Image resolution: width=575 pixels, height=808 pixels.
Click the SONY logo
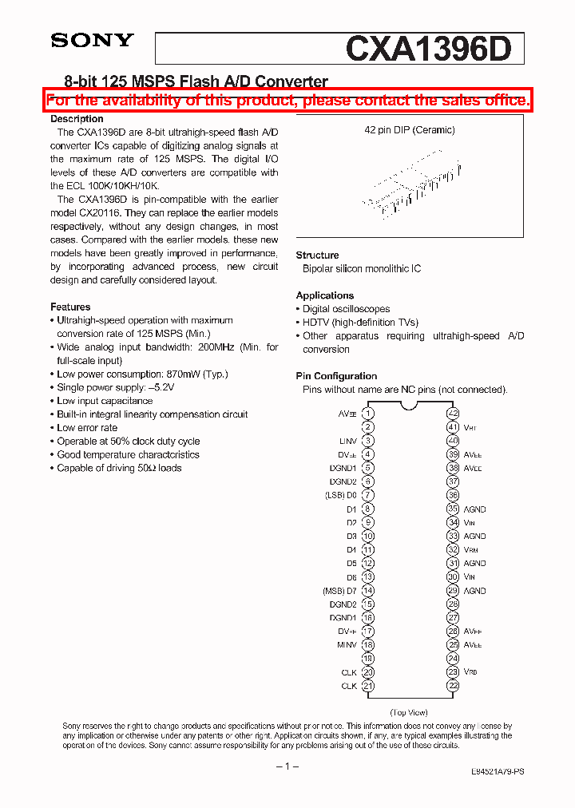[93, 41]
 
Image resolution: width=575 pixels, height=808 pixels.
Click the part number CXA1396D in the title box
[428, 49]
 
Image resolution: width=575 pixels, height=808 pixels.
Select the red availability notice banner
[287, 101]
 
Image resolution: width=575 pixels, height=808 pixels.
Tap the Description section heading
[77, 119]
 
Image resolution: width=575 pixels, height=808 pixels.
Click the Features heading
[70, 307]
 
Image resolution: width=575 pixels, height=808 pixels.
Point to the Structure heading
[317, 255]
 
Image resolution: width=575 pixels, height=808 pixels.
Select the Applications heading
[324, 295]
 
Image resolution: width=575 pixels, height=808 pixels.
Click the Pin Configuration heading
[336, 376]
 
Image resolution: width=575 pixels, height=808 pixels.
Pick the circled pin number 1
[367, 414]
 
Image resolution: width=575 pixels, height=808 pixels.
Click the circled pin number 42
[453, 414]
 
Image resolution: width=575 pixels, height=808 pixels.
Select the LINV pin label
[347, 441]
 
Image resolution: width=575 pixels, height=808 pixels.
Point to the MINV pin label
[347, 644]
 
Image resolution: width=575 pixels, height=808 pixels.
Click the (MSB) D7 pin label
[339, 591]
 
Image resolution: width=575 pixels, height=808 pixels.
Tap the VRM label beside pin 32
[471, 550]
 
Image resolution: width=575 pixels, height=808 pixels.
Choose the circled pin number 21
[367, 686]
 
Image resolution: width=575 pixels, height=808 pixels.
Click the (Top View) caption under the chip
[409, 712]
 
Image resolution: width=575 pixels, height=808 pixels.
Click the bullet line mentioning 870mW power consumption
[142, 374]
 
